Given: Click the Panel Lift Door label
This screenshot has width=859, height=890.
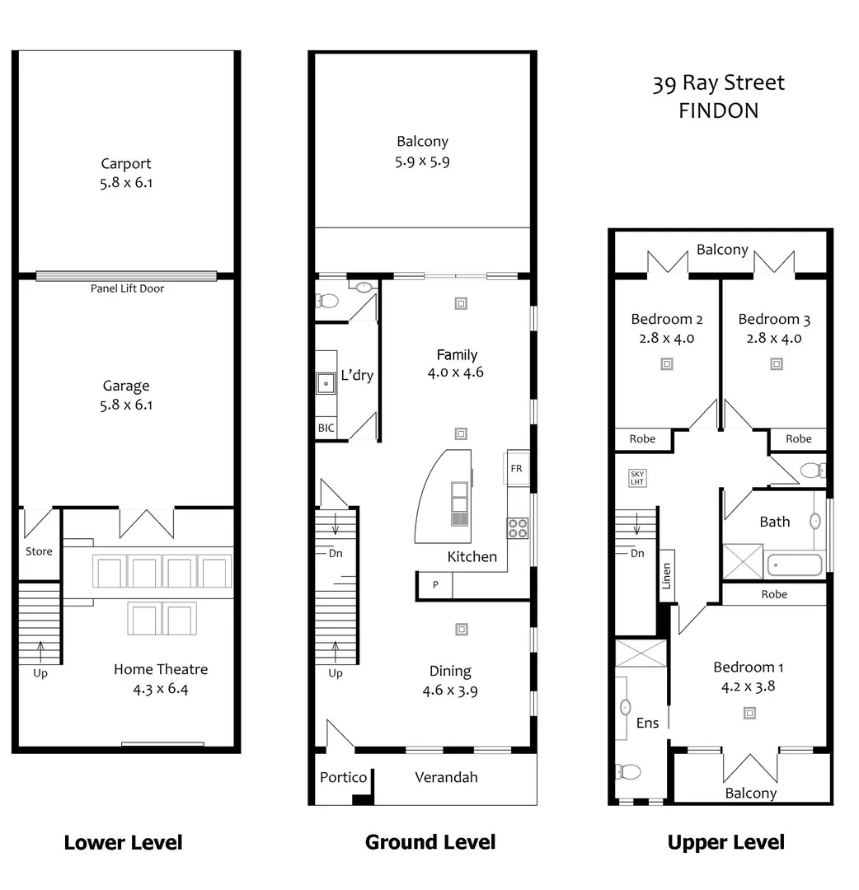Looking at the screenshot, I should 127,288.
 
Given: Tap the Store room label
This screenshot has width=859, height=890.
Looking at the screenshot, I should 39,551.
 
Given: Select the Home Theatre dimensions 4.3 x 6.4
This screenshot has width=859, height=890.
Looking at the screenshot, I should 161,690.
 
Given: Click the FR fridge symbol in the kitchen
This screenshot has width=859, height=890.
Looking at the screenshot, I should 517,468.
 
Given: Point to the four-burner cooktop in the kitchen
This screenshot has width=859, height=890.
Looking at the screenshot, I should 517,527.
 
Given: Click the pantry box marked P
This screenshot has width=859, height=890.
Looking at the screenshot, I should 435,584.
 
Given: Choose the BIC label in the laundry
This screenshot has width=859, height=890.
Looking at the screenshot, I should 326,429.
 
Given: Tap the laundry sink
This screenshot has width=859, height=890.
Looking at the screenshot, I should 325,382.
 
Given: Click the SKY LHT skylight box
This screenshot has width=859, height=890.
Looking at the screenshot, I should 637,478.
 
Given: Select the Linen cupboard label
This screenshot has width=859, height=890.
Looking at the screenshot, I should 666,576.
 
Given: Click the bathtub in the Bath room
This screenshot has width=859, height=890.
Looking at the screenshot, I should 795,565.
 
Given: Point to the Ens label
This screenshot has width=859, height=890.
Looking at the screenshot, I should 648,723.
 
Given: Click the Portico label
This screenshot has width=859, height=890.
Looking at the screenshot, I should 343,777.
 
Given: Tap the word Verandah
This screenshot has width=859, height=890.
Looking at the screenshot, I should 446,777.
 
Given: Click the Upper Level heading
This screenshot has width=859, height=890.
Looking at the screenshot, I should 725,842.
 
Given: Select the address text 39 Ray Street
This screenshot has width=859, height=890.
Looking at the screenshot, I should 718,83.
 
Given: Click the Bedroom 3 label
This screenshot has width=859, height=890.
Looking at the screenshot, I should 768,319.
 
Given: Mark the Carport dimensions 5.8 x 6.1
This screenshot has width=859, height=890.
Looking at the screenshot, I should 126,183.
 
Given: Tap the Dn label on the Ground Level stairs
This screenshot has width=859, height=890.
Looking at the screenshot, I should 336,553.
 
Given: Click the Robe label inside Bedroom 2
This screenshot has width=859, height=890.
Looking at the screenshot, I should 642,439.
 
